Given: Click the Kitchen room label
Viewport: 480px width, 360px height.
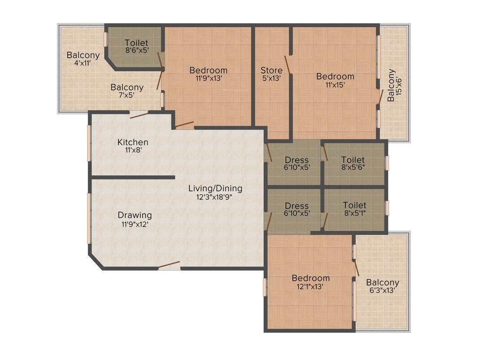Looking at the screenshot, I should tap(133, 142).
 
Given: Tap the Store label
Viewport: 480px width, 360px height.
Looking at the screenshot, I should tap(271, 71).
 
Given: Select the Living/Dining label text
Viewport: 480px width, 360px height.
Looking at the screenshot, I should tap(215, 188).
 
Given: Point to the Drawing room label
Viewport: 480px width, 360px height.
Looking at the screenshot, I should tap(135, 215).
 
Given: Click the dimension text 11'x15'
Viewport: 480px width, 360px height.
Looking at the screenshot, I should tap(335, 85).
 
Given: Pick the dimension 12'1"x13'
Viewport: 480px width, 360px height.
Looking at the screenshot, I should tap(310, 287).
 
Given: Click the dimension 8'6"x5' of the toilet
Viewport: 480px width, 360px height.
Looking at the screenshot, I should tap(136, 51).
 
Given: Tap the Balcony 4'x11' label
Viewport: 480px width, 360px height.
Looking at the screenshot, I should tap(83, 55).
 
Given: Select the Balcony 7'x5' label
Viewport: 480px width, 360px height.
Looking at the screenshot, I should tap(127, 87).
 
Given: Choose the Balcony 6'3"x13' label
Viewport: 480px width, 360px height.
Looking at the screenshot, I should tap(382, 283).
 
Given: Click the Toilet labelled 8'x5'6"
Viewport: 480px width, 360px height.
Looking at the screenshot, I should tap(353, 160).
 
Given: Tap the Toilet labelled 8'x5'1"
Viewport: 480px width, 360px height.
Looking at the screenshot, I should tap(354, 205).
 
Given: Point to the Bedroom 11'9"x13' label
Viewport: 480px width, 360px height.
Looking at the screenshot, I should tap(208, 70).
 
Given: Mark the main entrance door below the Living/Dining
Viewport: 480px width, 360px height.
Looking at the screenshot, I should tap(169, 265).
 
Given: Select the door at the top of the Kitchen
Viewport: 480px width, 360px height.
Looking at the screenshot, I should tap(139, 114).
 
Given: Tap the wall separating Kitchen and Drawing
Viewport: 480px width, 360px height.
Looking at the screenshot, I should tap(133, 178).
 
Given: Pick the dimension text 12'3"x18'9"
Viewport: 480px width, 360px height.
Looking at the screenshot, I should tap(215, 197).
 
